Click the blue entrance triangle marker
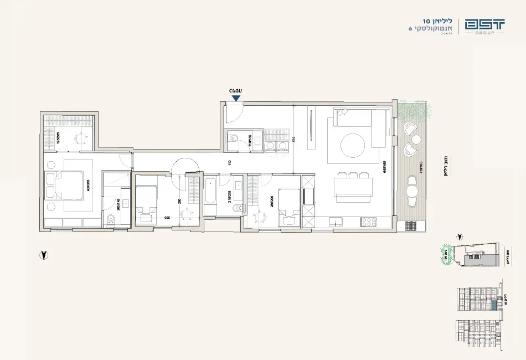(x=236, y=99)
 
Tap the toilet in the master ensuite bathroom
(x=110, y=221)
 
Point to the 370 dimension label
(x=294, y=140)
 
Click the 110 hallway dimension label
(x=229, y=163)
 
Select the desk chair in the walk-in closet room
(x=81, y=139)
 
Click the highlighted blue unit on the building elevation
(x=492, y=304)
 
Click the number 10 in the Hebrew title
(x=426, y=22)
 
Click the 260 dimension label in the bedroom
(x=179, y=201)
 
